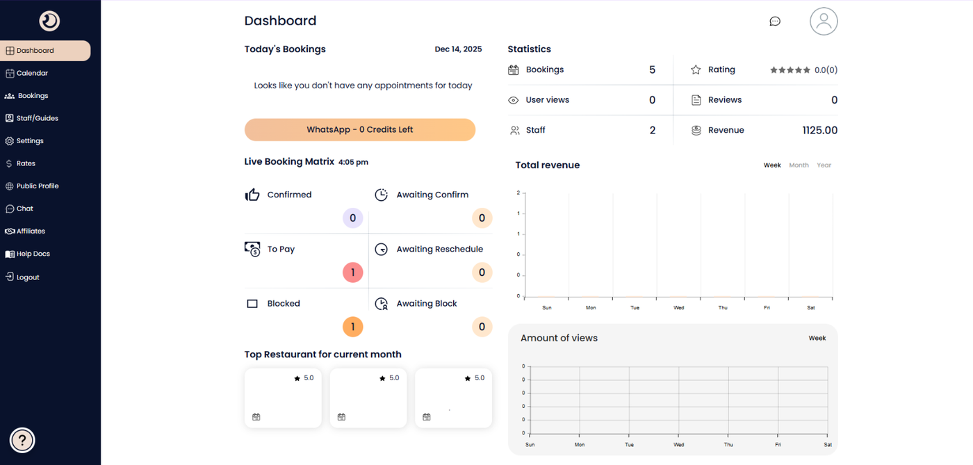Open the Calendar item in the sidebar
tap(32, 73)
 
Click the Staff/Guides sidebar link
tap(37, 118)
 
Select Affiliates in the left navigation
tap(31, 231)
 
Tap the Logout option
tap(28, 277)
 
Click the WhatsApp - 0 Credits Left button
tap(359, 130)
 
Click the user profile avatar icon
tap(824, 21)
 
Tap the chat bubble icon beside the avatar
tap(775, 22)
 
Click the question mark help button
tap(22, 440)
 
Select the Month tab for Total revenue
tap(799, 165)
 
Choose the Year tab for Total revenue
tap(824, 165)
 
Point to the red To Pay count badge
tap(352, 272)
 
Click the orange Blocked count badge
tap(352, 327)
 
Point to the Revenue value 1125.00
tap(819, 131)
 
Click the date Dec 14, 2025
tap(458, 49)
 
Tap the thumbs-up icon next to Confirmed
tap(252, 195)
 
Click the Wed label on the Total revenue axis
tap(678, 307)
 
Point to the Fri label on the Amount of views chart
tap(778, 445)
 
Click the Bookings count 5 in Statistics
tap(652, 70)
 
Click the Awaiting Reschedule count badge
tap(482, 272)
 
